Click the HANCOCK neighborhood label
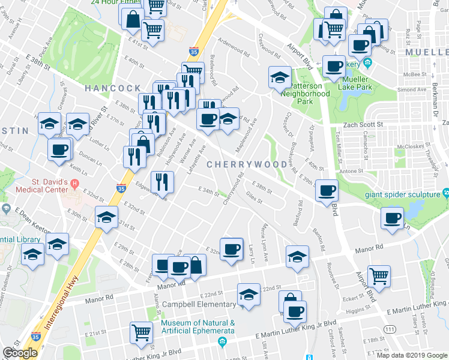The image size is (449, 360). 112,88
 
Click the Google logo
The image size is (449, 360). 20,353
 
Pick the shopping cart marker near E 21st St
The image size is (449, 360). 141,331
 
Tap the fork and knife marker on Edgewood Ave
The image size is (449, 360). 162,181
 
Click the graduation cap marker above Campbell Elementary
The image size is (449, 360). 249,295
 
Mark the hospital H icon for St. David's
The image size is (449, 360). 74,182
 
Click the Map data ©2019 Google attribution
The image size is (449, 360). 412,355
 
